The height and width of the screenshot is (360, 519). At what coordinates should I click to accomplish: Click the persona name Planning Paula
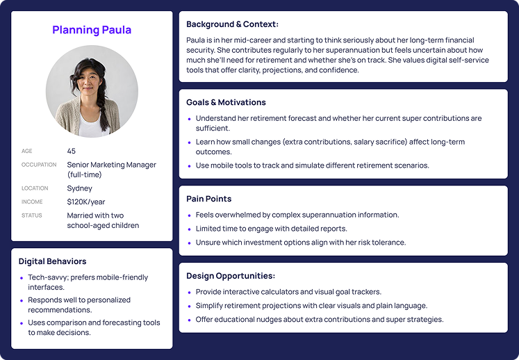pos(92,30)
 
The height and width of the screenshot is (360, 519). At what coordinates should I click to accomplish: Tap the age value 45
pos(71,151)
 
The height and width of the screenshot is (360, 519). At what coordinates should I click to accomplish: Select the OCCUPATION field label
pos(39,165)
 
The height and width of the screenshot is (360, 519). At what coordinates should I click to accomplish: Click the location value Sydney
pos(79,188)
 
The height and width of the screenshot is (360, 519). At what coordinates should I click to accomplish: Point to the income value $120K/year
pos(85,202)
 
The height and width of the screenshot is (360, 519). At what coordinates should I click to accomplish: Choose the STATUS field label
pos(32,215)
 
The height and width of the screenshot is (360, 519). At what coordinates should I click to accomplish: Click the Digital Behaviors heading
pos(52,261)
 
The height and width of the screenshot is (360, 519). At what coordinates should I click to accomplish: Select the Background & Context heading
pos(232,24)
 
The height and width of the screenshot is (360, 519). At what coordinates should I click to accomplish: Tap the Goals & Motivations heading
pos(226,102)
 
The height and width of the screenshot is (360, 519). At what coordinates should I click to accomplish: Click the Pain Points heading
pos(209,199)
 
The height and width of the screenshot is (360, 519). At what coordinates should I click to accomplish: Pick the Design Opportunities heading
pos(231,276)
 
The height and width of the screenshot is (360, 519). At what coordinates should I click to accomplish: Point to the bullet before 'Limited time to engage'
pos(190,229)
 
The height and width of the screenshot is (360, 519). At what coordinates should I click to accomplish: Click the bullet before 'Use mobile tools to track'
pos(190,165)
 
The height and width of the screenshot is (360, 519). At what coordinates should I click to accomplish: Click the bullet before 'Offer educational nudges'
pos(190,320)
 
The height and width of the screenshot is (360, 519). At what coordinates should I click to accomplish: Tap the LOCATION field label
pos(35,188)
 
